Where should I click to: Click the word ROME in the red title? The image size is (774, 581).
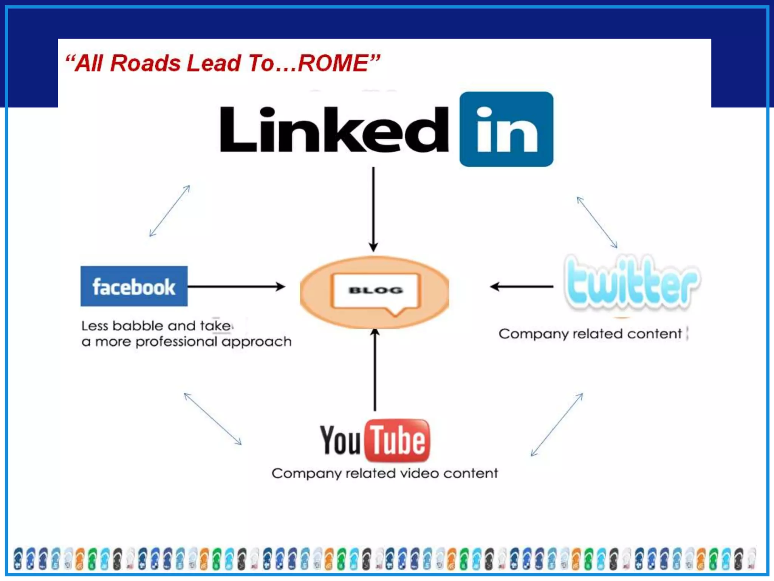[333, 63]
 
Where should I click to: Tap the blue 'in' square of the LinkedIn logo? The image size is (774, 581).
[506, 129]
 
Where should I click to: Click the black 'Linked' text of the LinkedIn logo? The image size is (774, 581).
[334, 129]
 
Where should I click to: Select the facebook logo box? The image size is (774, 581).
[134, 286]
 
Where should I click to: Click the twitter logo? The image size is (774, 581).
[632, 282]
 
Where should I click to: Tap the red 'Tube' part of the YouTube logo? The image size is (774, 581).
[397, 440]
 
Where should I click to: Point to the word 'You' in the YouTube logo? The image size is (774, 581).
[340, 440]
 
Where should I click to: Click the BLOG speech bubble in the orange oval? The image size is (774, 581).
[375, 291]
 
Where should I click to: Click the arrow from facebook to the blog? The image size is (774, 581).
[236, 286]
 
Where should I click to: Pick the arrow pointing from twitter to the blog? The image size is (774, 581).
[522, 287]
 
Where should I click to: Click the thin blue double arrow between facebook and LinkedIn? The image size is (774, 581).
[169, 211]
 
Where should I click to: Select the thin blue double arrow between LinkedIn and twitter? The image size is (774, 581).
[597, 222]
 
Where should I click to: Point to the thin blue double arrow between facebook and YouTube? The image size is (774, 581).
[213, 419]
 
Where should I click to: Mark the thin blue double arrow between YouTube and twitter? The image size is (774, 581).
[557, 425]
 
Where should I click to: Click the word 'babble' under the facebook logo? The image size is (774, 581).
[138, 326]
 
